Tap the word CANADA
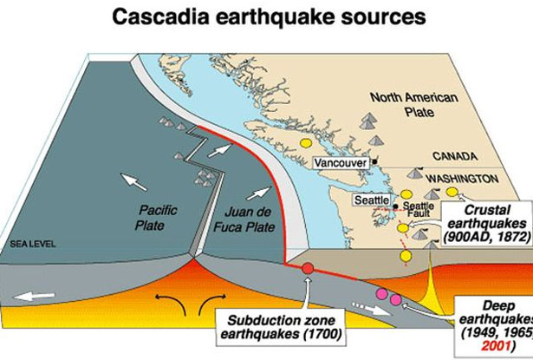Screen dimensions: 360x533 tap(454, 156)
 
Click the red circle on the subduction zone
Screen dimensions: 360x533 tap(308, 268)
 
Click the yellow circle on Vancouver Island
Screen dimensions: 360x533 tap(305, 142)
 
